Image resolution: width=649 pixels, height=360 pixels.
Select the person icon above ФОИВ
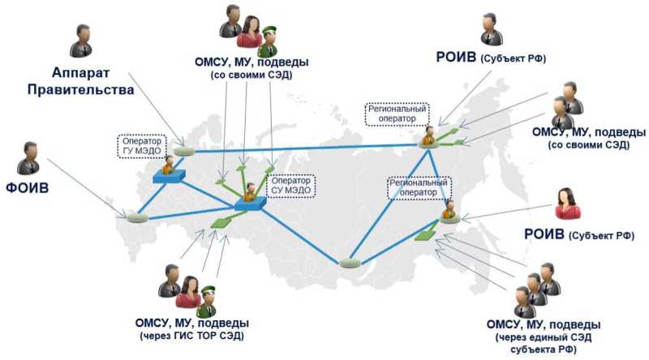tap(30, 159)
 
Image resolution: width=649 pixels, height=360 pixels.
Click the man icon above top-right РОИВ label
tap(491, 31)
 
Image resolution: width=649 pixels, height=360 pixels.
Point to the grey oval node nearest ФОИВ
tap(135, 216)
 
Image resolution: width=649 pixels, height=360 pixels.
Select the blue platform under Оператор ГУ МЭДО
tap(170, 177)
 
